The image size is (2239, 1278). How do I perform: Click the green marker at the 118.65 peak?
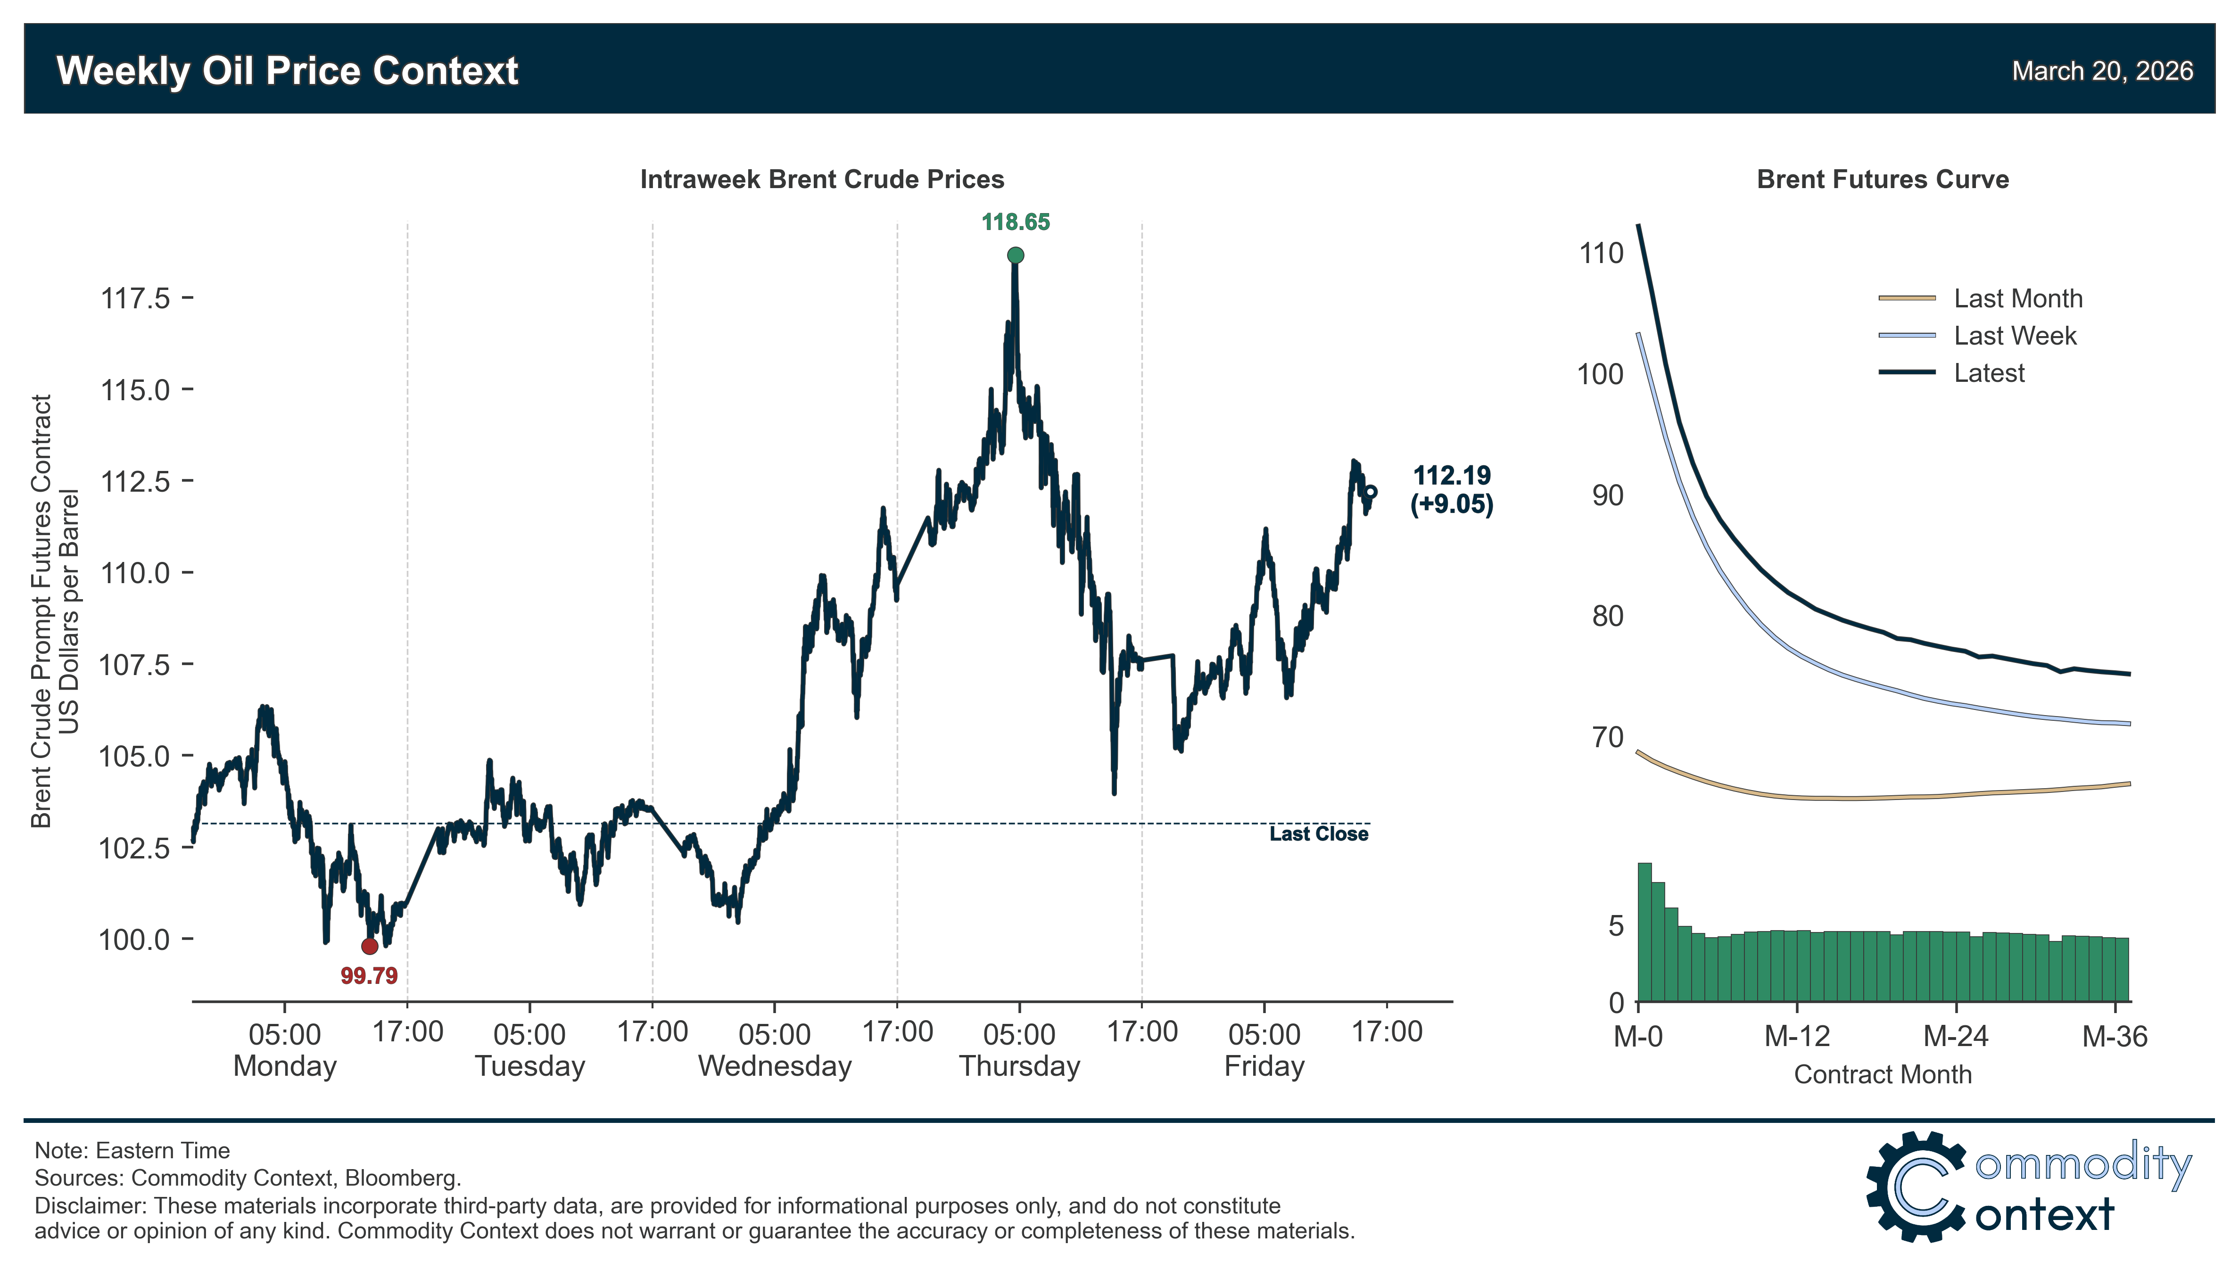(1016, 256)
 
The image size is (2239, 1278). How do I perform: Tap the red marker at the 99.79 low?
(370, 946)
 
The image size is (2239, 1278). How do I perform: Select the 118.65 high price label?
(1016, 222)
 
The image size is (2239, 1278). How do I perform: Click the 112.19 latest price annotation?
(1452, 476)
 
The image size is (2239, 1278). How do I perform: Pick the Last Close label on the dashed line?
(1318, 834)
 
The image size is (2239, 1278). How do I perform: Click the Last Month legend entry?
(2017, 298)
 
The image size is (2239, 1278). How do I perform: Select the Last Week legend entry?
(2014, 336)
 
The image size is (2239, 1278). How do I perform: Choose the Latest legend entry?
(1988, 373)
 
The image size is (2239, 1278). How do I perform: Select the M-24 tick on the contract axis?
(1956, 1037)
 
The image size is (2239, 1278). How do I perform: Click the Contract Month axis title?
(1883, 1074)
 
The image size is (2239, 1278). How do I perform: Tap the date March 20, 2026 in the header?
(2102, 71)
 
